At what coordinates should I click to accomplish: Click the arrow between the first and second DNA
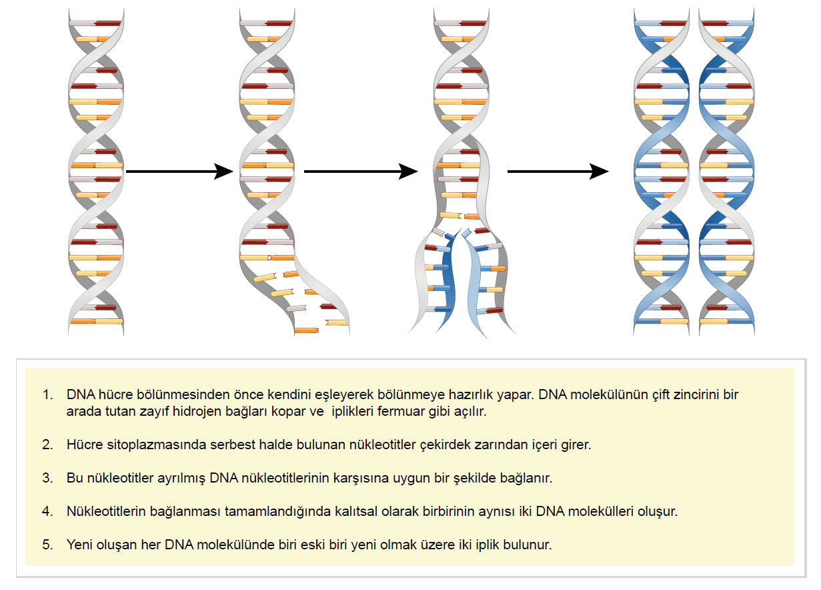[179, 172]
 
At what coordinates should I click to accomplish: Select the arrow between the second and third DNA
[361, 172]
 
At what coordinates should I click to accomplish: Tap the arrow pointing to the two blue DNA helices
[558, 172]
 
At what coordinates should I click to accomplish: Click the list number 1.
[47, 394]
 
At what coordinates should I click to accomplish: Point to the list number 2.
[47, 445]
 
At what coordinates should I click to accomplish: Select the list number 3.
[47, 478]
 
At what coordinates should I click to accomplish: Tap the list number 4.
[47, 511]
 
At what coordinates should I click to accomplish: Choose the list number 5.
[47, 545]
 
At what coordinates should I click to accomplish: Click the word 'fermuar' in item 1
[401, 411]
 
